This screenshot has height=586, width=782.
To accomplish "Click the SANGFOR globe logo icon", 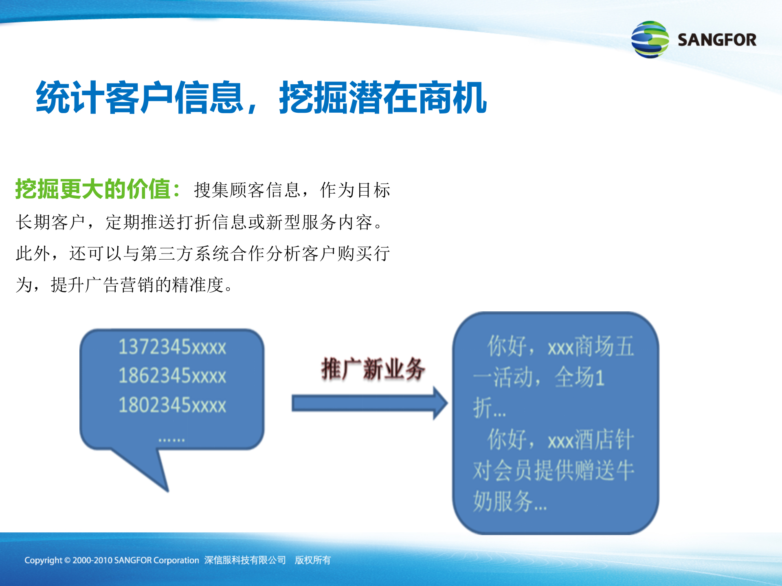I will (x=650, y=39).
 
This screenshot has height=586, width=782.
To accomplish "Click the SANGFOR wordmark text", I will (x=717, y=40).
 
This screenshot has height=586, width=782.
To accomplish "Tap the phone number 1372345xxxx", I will (x=172, y=347).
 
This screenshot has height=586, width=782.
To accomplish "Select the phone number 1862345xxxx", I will (x=172, y=376).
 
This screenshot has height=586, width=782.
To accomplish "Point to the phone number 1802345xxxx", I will (x=172, y=405).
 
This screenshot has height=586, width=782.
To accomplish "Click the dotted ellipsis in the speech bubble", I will (x=171, y=440).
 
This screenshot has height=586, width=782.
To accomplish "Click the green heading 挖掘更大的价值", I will (x=93, y=189).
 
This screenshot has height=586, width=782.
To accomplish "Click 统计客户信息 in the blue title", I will (x=141, y=98).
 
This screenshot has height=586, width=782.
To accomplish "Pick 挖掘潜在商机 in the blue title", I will (x=383, y=98).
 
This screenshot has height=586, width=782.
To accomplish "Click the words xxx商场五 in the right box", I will (x=591, y=347).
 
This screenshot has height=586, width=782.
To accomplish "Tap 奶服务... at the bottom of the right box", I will (x=509, y=501).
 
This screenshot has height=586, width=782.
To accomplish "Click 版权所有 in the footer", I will (x=312, y=560).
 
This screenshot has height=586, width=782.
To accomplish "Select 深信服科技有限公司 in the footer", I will (x=245, y=560).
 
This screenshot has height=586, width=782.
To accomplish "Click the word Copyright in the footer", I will (x=43, y=560).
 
